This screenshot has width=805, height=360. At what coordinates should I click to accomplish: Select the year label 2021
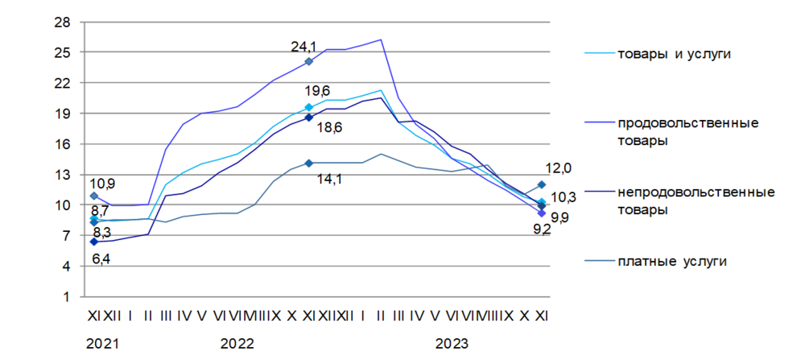click(x=102, y=344)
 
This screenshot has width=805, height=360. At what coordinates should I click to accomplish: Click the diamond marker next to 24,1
click(x=308, y=61)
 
